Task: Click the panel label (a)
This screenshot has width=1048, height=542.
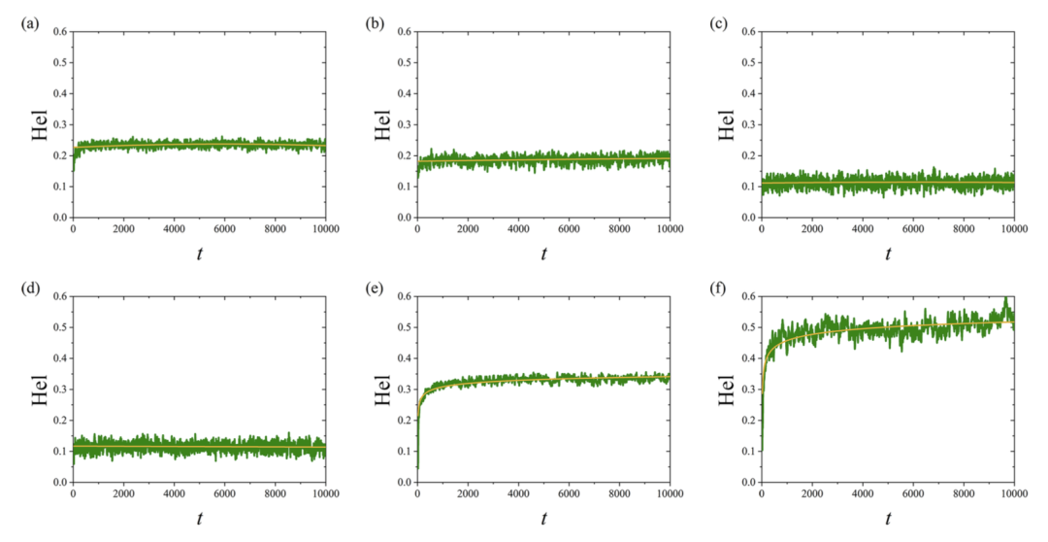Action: [x=30, y=22]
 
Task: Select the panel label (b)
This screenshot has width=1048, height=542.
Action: [x=375, y=22]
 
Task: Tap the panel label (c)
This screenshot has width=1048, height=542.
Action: [x=719, y=22]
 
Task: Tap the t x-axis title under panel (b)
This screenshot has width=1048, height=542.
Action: [x=543, y=254]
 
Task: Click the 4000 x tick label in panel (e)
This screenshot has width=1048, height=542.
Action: [x=518, y=493]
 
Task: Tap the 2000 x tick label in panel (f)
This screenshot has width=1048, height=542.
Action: [x=812, y=493]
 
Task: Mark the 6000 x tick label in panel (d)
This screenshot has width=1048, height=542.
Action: [x=224, y=493]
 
